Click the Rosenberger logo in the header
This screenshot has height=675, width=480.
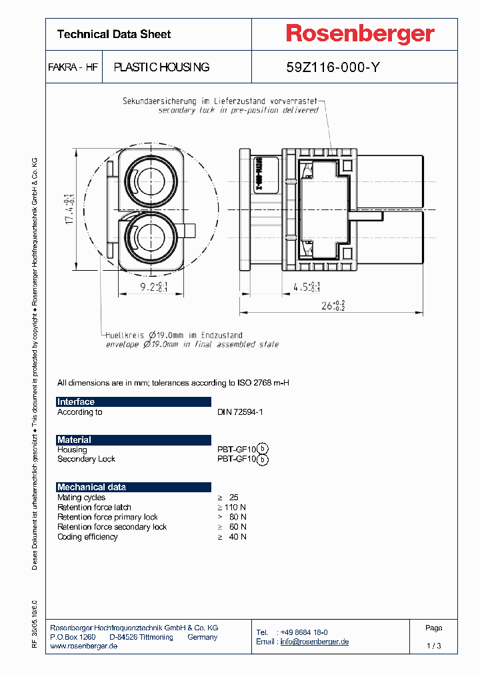pyautogui.click(x=360, y=33)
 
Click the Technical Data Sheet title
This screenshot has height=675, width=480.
pyautogui.click(x=114, y=34)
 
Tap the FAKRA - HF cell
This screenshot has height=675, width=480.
pyautogui.click(x=73, y=67)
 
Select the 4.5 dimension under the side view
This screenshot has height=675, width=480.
pyautogui.click(x=307, y=287)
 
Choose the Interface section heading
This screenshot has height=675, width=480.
pyautogui.click(x=76, y=402)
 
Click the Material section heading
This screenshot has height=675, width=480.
pyautogui.click(x=74, y=440)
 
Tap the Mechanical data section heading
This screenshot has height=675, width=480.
pyautogui.click(x=91, y=488)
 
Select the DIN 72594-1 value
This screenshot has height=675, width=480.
pyautogui.click(x=240, y=412)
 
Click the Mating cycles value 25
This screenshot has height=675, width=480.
pyautogui.click(x=233, y=498)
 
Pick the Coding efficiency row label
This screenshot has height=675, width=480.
pyautogui.click(x=87, y=537)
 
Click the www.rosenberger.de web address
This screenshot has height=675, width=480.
pyautogui.click(x=84, y=647)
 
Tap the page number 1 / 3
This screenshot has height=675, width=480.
pyautogui.click(x=433, y=646)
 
